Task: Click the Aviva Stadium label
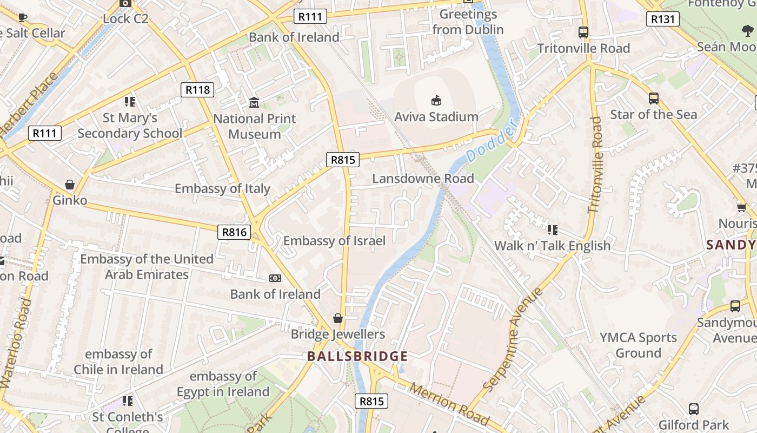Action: [x=436, y=116]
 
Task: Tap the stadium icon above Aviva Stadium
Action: [x=436, y=100]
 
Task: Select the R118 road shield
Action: [x=197, y=89]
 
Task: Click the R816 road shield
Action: [x=235, y=232]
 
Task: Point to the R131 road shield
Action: [x=662, y=19]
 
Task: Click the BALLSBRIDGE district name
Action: [x=357, y=356]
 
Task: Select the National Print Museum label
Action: [x=255, y=126]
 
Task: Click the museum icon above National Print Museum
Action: [x=254, y=102]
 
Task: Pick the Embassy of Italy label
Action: [x=222, y=188]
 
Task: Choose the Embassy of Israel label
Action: [x=334, y=241]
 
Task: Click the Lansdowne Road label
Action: [x=423, y=178]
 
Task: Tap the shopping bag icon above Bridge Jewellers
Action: [x=338, y=318]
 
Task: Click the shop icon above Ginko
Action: [x=70, y=185]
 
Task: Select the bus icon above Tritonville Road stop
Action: [x=583, y=32]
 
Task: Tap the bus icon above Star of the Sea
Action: [x=653, y=99]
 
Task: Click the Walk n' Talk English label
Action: [x=552, y=246]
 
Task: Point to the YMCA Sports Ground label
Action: [x=638, y=345]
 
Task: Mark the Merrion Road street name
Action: [x=449, y=404]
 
